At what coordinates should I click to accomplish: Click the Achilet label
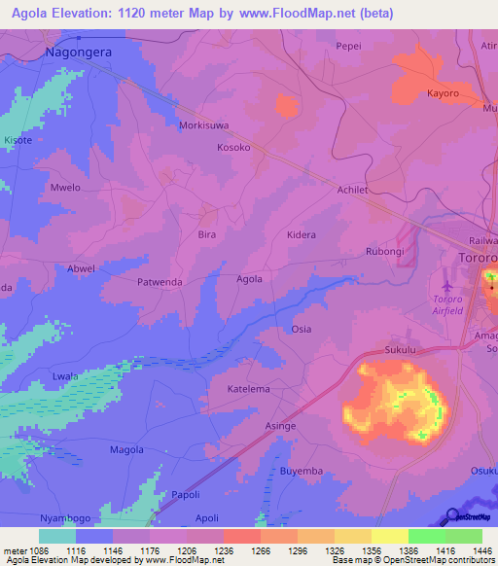click(x=351, y=191)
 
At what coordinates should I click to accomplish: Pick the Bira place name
click(x=206, y=235)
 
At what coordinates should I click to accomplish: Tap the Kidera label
click(x=302, y=235)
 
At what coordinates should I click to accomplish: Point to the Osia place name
click(x=302, y=329)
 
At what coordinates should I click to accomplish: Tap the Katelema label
click(x=248, y=389)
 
